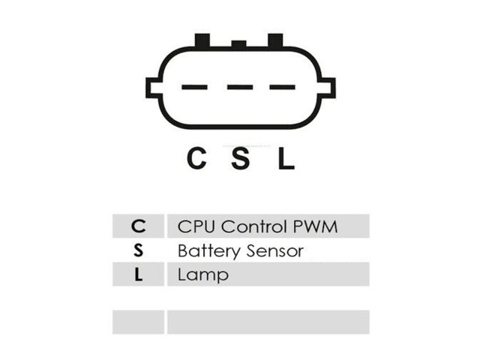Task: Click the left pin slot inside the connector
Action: point(195,87)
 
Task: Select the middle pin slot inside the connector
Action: point(240,87)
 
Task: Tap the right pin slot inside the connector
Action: point(282,87)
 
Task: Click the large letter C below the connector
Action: point(196,158)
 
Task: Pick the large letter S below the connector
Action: point(240,158)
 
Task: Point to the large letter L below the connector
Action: point(286,158)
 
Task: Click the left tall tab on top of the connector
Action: point(202,40)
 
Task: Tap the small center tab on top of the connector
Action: point(238,44)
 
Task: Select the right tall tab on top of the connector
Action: point(275,40)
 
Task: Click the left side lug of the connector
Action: point(153,88)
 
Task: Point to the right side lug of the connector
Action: point(328,88)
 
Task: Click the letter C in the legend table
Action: point(138,226)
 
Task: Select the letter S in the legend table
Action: point(138,250)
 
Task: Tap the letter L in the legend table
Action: point(138,274)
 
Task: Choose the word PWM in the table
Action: point(315,226)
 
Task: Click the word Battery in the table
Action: point(209,251)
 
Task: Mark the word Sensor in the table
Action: point(275,251)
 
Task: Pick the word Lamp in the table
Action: point(203,275)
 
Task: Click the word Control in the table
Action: point(254,226)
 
